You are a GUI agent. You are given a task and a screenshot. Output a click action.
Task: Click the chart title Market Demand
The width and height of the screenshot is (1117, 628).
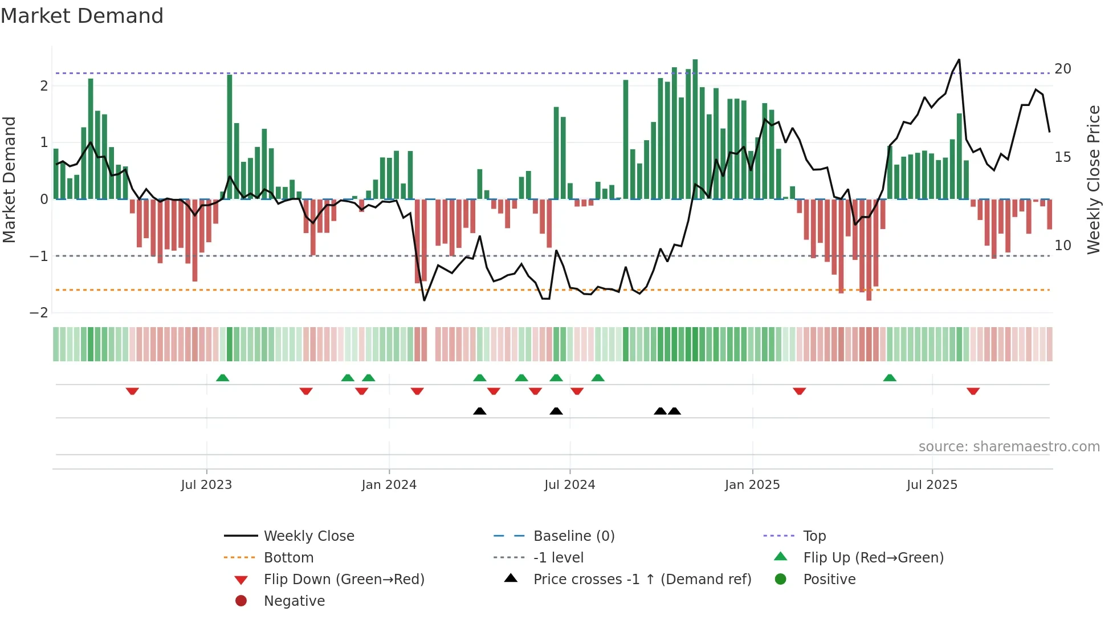[x=82, y=15]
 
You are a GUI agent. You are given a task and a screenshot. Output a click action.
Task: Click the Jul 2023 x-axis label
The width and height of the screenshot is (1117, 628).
[x=206, y=485]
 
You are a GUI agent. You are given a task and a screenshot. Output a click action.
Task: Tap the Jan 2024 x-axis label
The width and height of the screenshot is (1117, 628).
[x=389, y=485]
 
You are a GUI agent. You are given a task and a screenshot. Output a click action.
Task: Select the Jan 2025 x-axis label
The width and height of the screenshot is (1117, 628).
[x=752, y=485]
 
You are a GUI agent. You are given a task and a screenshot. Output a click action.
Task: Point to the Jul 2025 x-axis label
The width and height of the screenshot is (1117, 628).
[x=932, y=485]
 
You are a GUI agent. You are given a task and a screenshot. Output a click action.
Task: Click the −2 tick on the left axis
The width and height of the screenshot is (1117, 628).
[x=39, y=313]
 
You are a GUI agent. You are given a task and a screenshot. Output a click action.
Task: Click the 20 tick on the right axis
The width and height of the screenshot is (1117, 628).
[x=1062, y=69]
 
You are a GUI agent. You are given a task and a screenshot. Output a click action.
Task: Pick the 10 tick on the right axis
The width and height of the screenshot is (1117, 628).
[x=1062, y=246]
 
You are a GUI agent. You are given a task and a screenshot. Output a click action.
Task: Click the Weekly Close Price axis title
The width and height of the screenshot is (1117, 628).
[x=1093, y=180]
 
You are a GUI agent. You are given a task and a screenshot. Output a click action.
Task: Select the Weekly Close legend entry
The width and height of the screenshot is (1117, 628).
[x=308, y=536]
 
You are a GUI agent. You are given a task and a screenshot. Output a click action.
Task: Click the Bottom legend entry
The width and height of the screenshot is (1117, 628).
[x=288, y=558]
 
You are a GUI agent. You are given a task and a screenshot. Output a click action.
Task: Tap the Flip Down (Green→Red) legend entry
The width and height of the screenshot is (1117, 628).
[x=344, y=580]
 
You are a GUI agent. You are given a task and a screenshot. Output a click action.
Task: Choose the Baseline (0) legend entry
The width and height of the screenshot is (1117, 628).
[x=573, y=536]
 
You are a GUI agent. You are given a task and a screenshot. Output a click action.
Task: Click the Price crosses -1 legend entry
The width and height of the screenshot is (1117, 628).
[x=642, y=580]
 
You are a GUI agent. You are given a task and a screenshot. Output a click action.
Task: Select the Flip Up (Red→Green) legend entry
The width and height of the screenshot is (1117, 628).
[x=873, y=558]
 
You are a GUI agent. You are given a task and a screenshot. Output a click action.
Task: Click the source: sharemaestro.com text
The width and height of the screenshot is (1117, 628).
[x=1009, y=447]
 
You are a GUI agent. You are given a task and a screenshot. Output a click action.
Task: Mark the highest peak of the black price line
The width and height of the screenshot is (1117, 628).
[x=959, y=60]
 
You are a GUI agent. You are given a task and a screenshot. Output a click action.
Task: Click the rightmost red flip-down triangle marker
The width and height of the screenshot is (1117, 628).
[x=973, y=391]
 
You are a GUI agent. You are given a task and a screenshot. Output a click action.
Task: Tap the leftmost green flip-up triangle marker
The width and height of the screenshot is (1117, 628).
[x=223, y=378]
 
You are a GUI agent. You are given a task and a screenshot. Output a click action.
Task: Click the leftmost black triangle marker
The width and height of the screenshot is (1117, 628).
[x=480, y=411]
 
